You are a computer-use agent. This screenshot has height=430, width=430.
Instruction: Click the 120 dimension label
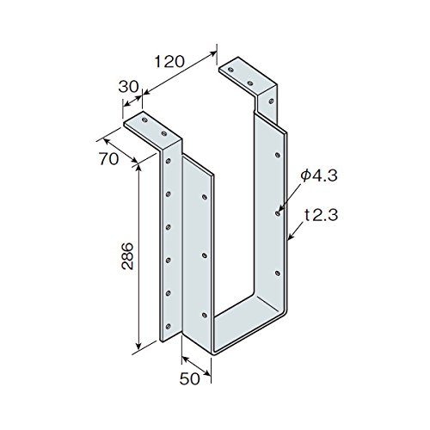click(169, 62)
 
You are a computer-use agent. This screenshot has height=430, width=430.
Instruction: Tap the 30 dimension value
click(128, 87)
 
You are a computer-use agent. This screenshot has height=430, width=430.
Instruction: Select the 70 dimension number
click(108, 159)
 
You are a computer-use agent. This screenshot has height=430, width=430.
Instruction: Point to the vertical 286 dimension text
click(127, 256)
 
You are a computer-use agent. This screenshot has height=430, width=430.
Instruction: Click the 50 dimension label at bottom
click(189, 378)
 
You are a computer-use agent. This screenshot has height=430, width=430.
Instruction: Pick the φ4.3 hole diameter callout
click(319, 175)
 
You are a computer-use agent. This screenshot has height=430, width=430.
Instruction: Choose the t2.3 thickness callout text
click(322, 215)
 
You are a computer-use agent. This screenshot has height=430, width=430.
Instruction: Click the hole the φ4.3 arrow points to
click(278, 213)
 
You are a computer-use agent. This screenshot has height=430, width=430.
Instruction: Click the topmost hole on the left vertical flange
click(169, 161)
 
